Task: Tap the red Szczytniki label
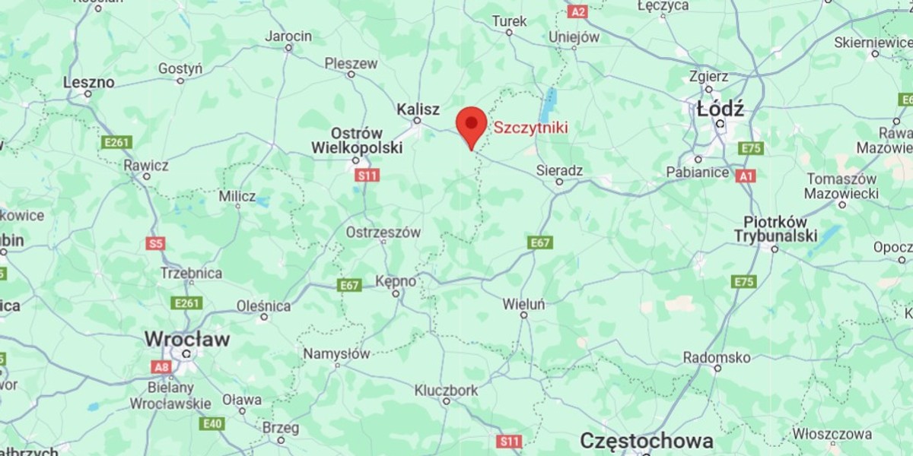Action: pyautogui.click(x=530, y=128)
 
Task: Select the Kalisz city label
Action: pyautogui.click(x=418, y=110)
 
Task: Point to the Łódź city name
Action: pyautogui.click(x=720, y=109)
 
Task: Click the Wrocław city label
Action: pyautogui.click(x=186, y=339)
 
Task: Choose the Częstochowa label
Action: pyautogui.click(x=646, y=441)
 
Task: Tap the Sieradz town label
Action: pyautogui.click(x=559, y=171)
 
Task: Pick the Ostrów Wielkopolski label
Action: pyautogui.click(x=357, y=141)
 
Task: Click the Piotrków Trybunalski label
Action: pyautogui.click(x=775, y=230)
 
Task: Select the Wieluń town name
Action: pyautogui.click(x=523, y=304)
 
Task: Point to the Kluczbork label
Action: pyautogui.click(x=447, y=391)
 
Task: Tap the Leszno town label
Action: pyautogui.click(x=89, y=82)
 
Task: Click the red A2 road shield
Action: pyautogui.click(x=578, y=11)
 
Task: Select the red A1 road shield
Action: pyautogui.click(x=746, y=176)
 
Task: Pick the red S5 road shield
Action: pyautogui.click(x=155, y=244)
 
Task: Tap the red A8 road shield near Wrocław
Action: pyautogui.click(x=161, y=367)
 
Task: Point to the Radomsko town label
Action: pyautogui.click(x=716, y=357)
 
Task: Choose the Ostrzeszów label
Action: pyautogui.click(x=383, y=233)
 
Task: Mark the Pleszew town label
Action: pyautogui.click(x=351, y=64)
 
